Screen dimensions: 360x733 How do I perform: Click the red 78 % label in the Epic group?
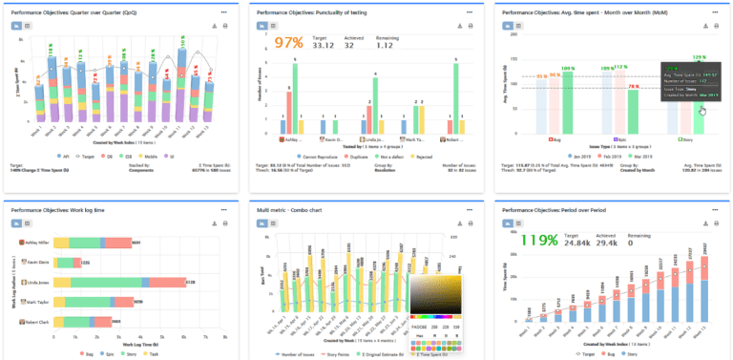pyautogui.click(x=633, y=88)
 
